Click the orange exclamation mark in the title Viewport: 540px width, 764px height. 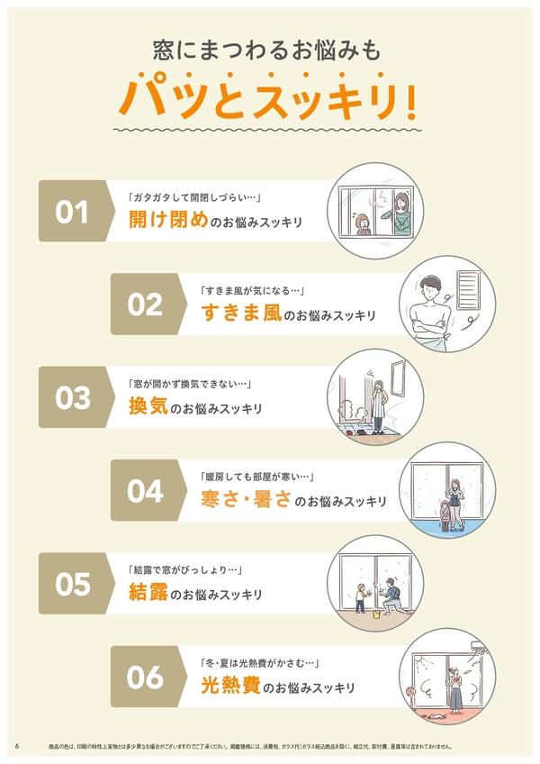point(410,101)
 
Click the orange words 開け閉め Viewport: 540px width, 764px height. point(168,219)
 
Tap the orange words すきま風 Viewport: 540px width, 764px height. point(241,313)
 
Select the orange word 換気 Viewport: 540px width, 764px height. point(148,405)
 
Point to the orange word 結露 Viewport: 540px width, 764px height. point(148,592)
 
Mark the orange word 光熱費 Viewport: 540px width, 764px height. point(230,685)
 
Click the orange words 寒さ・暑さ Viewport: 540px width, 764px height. point(247,498)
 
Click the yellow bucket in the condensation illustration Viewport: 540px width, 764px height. point(376,614)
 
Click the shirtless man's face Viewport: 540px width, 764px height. point(430,292)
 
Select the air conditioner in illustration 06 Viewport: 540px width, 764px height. point(479,648)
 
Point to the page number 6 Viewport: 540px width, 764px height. point(17,746)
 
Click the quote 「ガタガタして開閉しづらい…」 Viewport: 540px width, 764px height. point(195,197)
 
